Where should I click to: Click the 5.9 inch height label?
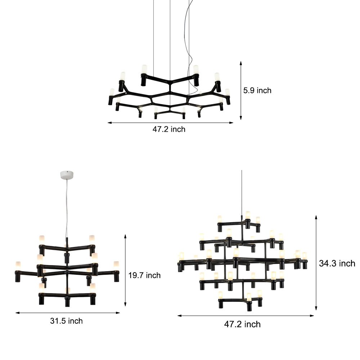pos(257,91)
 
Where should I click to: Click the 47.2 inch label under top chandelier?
pos(169,129)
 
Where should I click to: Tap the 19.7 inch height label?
pos(144,275)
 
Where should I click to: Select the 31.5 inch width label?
pos(66,321)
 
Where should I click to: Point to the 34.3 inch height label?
pos(337,264)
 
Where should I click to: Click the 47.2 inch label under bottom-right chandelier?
pos(242,324)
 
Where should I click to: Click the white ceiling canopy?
pos(67,175)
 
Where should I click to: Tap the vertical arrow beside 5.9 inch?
pos(241,90)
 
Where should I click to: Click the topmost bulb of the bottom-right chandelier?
pos(248,215)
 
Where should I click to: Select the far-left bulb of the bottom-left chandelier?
pos(17,265)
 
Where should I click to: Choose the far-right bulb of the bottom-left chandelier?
pos(116,265)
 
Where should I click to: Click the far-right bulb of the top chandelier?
pos(227,92)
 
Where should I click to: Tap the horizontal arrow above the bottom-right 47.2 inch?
pos(246,316)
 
